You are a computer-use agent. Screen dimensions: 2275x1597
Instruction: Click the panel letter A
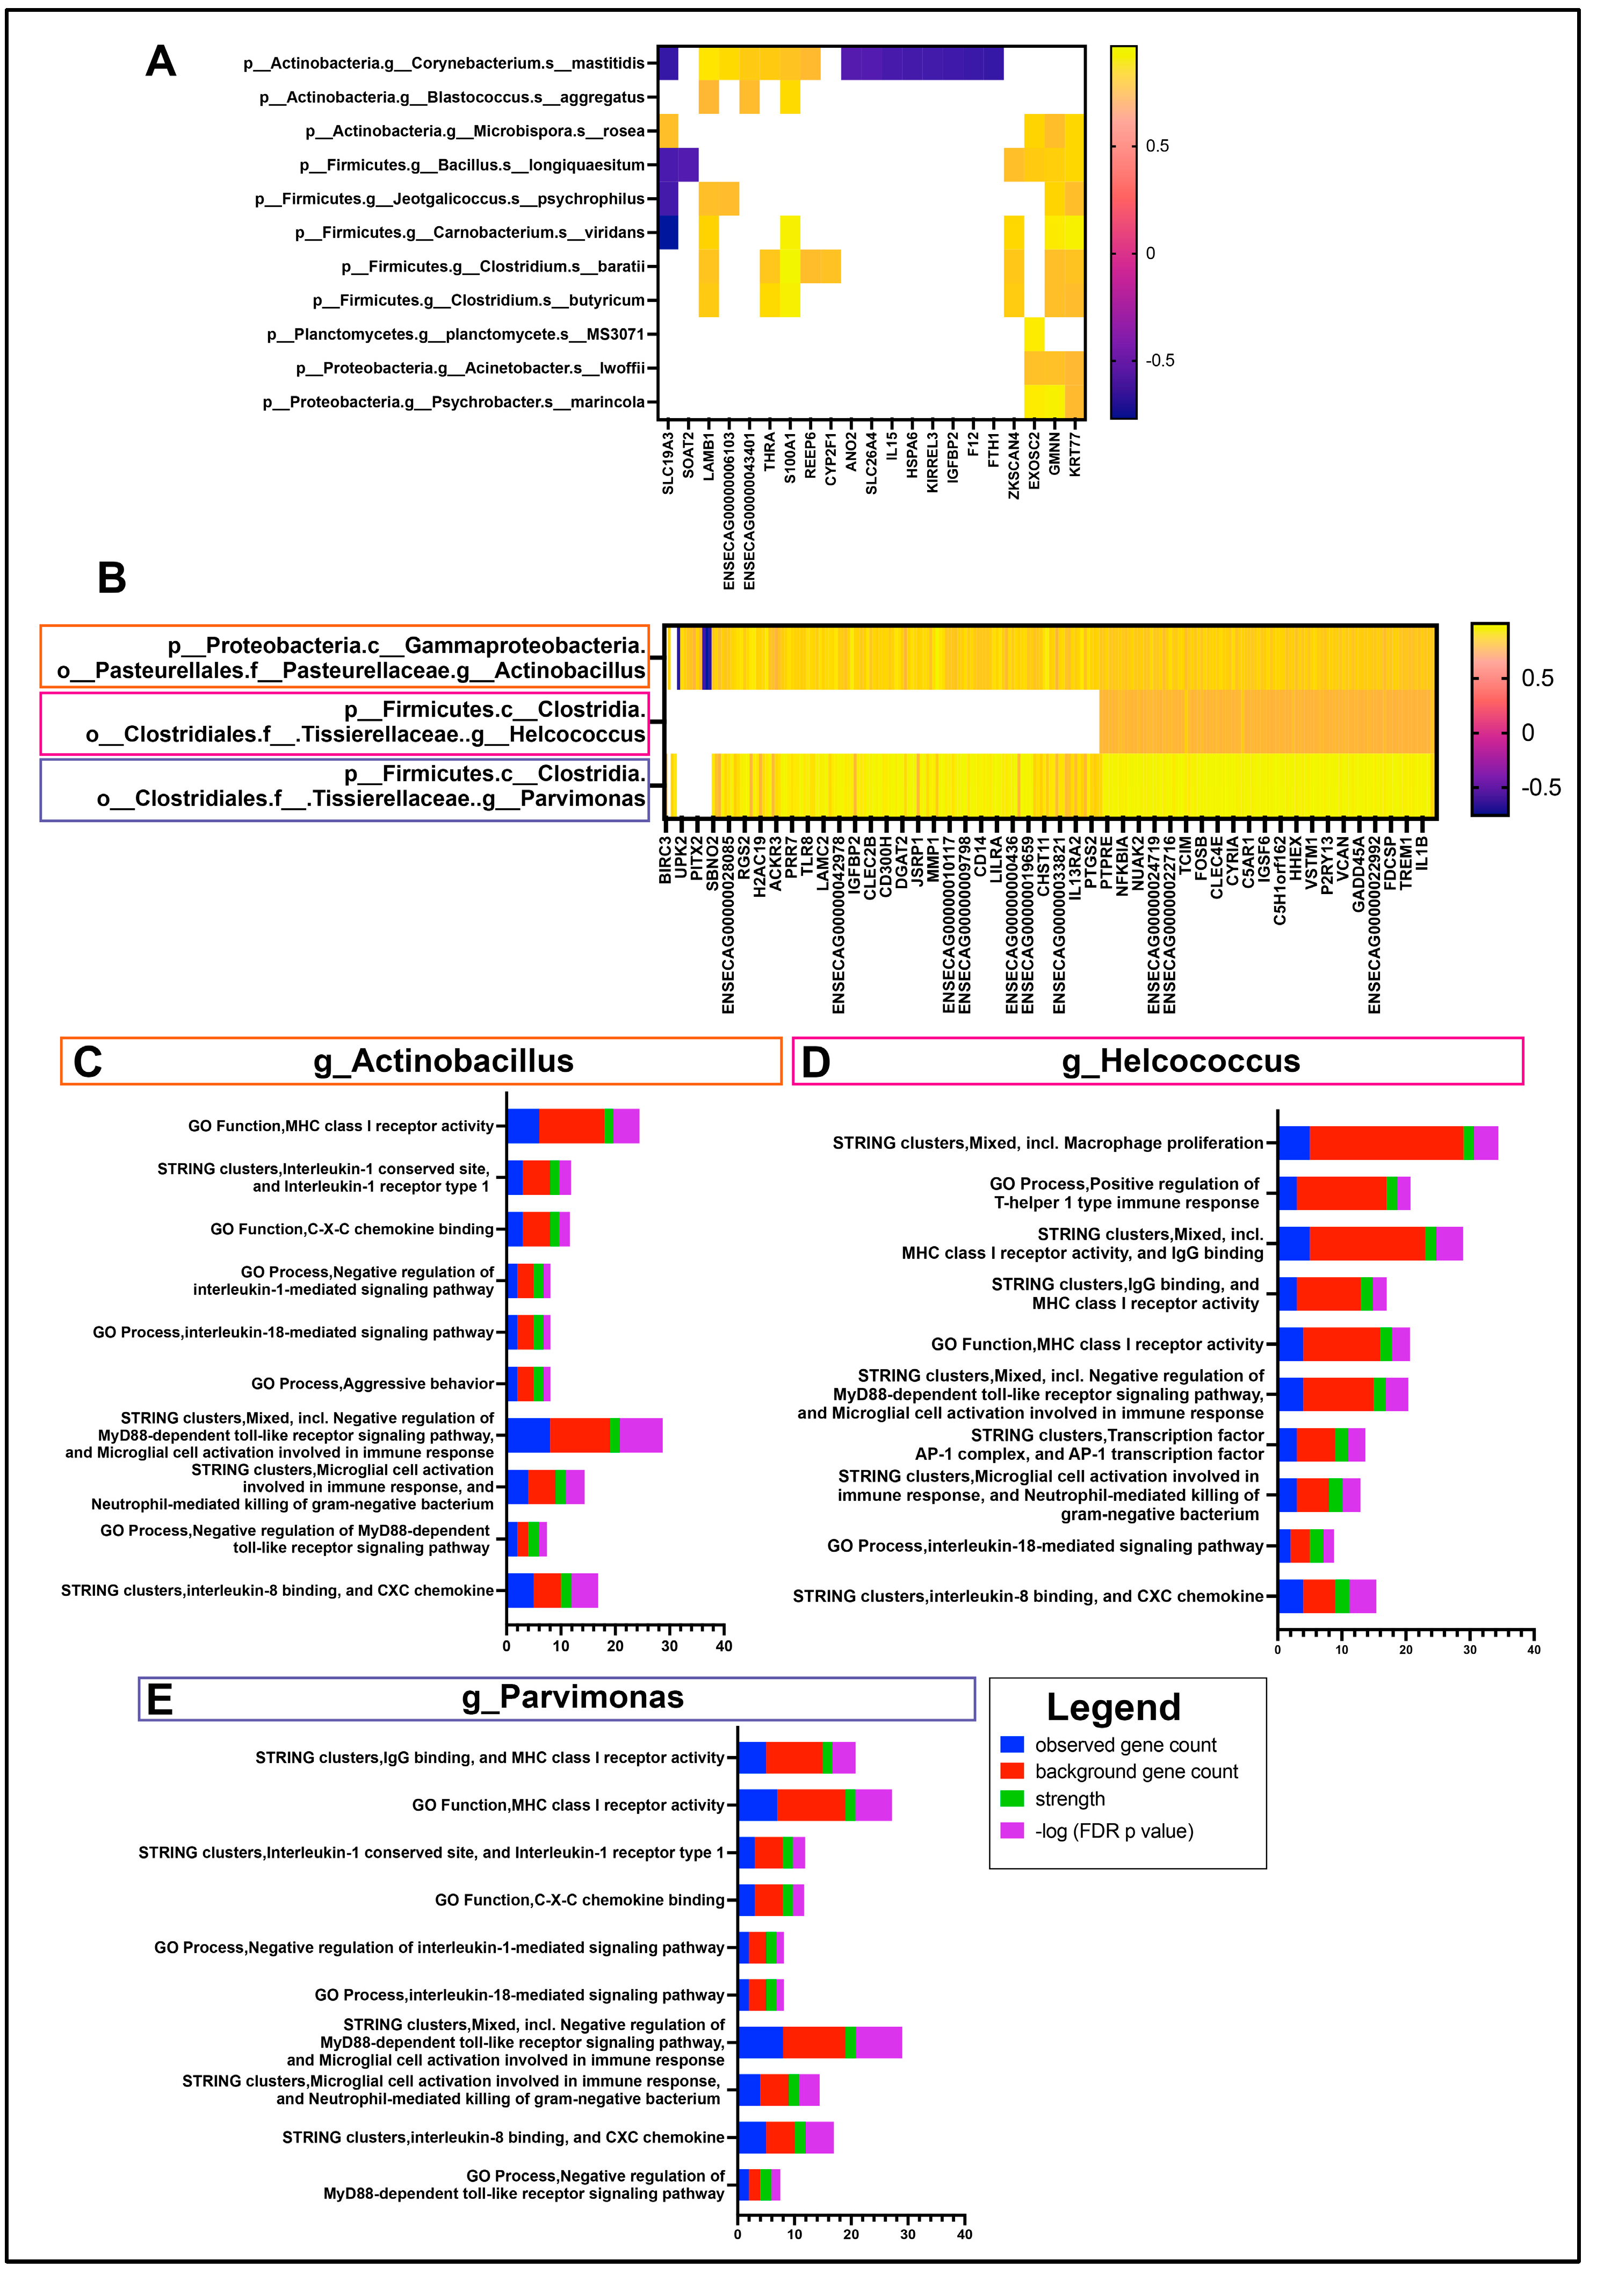[161, 61]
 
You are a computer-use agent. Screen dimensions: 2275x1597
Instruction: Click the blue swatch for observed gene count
[1011, 1745]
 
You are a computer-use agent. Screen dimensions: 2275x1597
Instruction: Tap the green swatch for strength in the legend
[1011, 1798]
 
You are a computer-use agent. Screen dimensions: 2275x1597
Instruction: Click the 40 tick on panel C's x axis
[724, 1646]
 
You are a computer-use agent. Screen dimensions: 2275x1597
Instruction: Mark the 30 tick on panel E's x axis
[907, 2234]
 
